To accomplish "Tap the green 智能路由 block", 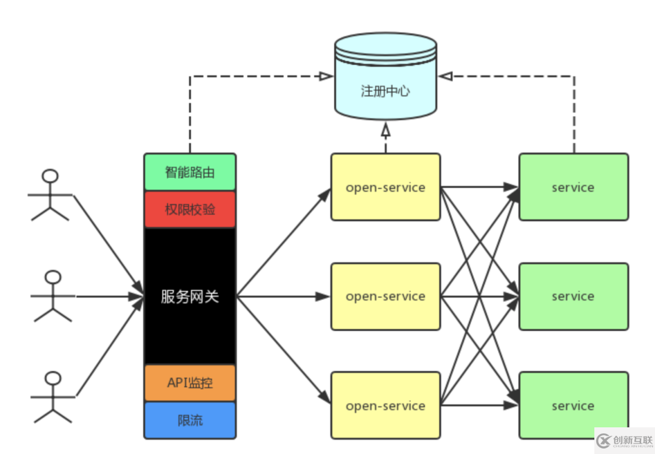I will coord(190,173).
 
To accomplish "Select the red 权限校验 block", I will coord(190,210).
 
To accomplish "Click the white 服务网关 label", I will coord(190,296).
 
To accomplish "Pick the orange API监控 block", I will coord(190,384).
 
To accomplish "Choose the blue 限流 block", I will coord(190,420).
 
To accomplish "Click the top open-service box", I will coord(385,187).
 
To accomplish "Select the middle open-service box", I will coord(385,296).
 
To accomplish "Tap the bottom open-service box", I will coord(385,406).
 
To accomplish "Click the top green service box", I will coord(573,187).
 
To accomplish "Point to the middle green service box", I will coord(573,296).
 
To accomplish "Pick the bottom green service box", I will coord(573,406).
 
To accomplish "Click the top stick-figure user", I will coord(51,195).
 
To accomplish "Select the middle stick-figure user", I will coord(52,296).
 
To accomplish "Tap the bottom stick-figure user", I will coord(53,397).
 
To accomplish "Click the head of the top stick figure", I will coord(51,176).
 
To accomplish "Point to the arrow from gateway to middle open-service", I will coord(282,296).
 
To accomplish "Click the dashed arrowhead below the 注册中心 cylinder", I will coord(385,131).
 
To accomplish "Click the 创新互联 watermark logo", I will coord(622,439).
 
